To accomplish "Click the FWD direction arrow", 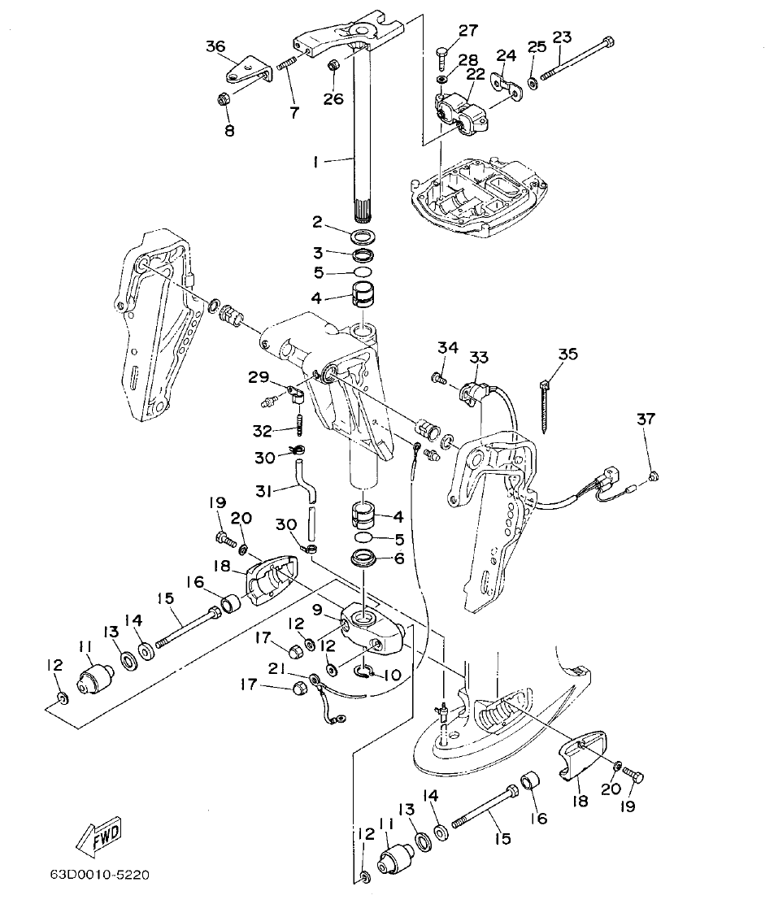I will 98,835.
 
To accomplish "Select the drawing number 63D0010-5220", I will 98,876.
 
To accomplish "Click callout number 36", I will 215,46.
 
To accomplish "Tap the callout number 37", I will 645,419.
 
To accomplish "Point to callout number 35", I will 567,354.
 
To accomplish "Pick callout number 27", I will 468,31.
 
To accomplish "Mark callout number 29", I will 258,376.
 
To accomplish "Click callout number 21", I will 276,669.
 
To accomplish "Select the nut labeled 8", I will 224,100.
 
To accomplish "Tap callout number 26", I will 333,99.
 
